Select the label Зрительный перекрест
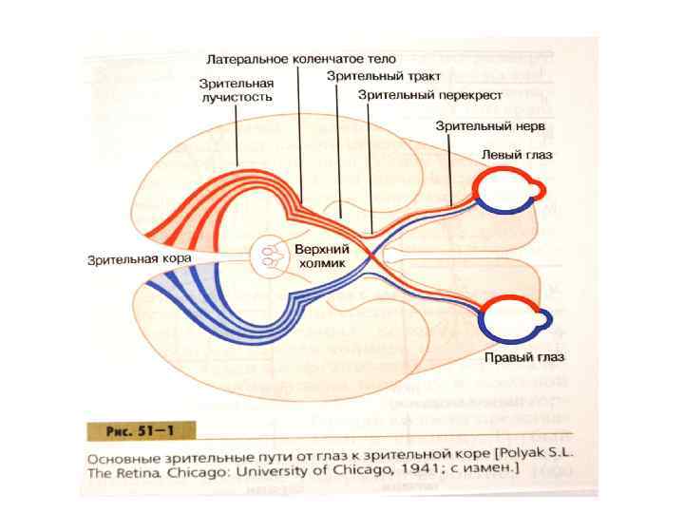(x=430, y=95)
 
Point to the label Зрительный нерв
(x=490, y=125)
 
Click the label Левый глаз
(x=519, y=154)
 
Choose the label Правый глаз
(x=524, y=358)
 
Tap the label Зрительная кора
(x=140, y=258)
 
